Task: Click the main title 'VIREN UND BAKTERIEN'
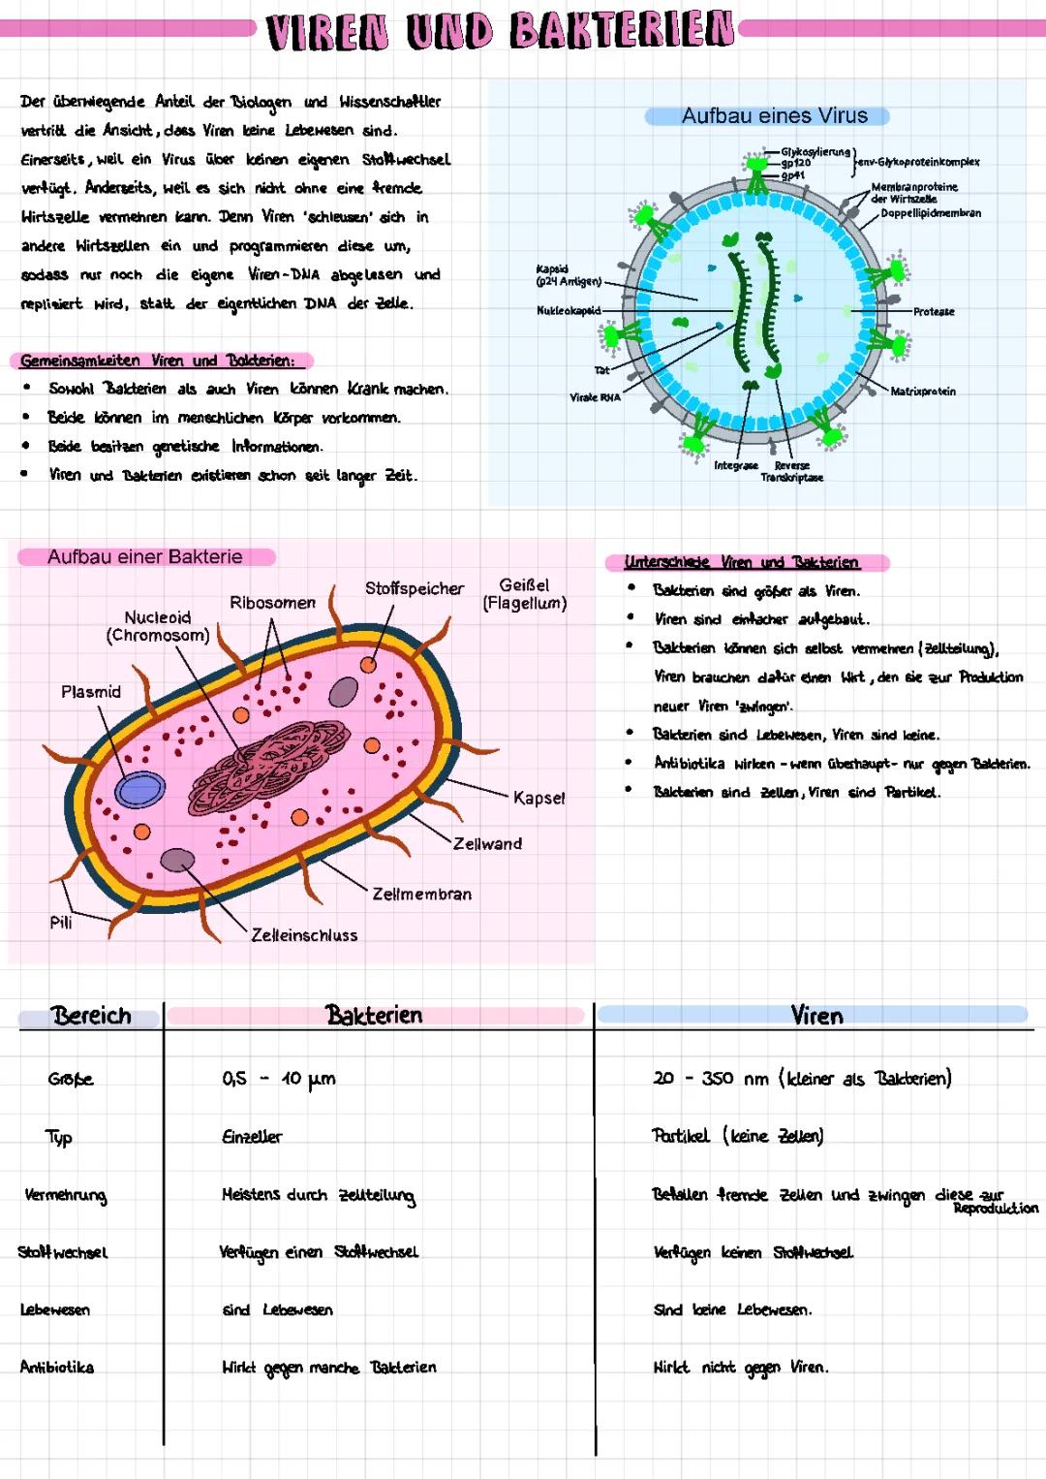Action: (500, 31)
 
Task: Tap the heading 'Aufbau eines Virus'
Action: (774, 116)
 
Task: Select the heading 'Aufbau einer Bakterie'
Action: (145, 557)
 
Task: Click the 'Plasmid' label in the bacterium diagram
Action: (91, 692)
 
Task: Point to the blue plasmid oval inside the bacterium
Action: (140, 790)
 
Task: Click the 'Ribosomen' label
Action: (272, 603)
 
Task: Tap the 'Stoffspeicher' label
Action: (415, 588)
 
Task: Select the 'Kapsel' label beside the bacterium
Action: (538, 799)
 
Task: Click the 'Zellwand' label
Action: (487, 844)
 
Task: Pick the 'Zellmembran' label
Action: (422, 895)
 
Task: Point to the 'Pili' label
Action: (61, 923)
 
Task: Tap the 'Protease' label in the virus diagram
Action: (934, 312)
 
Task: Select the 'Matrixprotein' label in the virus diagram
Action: (923, 392)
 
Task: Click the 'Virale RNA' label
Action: (595, 397)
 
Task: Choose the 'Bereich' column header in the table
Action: (91, 1016)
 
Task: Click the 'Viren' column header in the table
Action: (816, 1016)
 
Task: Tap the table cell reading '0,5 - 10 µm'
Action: (279, 1079)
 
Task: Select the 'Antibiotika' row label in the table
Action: (57, 1368)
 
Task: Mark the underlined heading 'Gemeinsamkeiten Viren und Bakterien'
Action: (157, 361)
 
